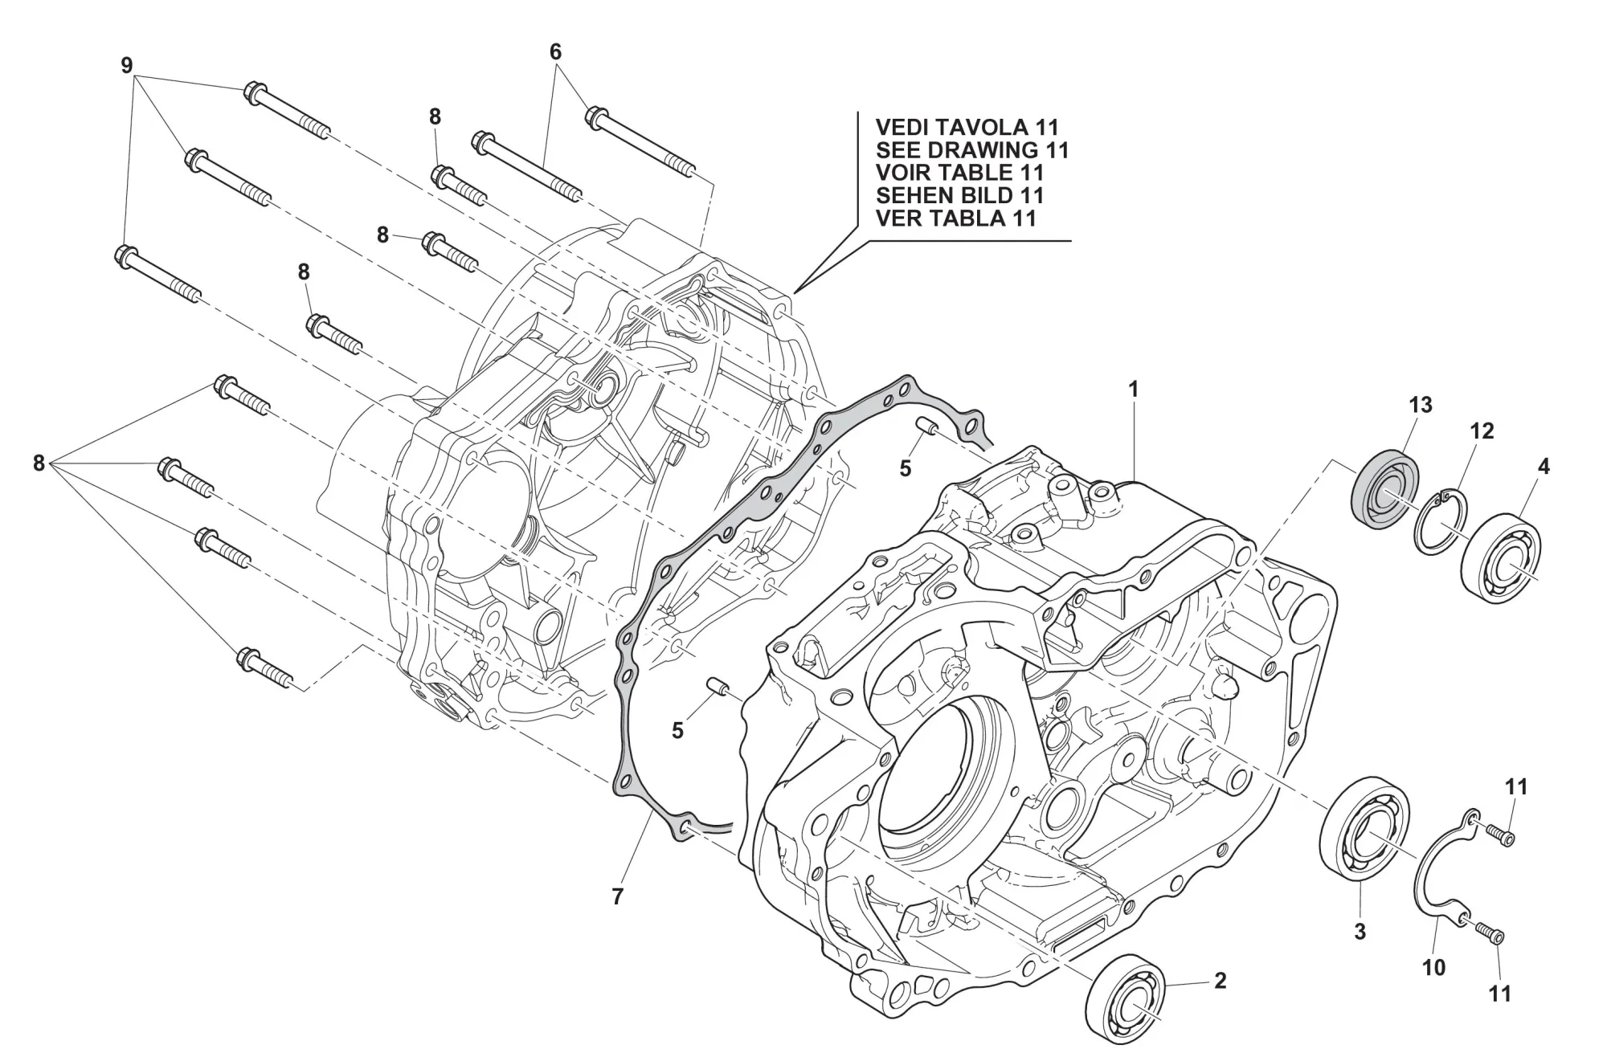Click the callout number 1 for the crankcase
click(x=1133, y=390)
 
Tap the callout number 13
click(x=1420, y=405)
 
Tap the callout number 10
click(x=1433, y=968)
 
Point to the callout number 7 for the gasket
click(x=617, y=896)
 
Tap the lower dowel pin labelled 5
click(x=718, y=688)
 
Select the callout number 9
click(x=126, y=66)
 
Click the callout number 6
click(x=555, y=52)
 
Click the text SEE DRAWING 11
click(x=972, y=150)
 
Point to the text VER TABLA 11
click(x=955, y=218)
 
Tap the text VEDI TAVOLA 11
click(x=967, y=128)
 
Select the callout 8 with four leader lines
click(x=39, y=463)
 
